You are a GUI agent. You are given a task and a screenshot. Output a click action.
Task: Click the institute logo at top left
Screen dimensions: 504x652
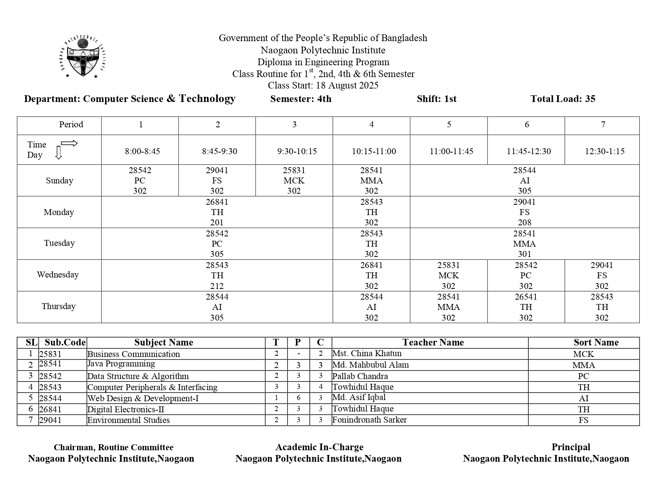pyautogui.click(x=83, y=58)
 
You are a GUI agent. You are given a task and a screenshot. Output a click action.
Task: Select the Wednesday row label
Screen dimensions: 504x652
pyautogui.click(x=58, y=275)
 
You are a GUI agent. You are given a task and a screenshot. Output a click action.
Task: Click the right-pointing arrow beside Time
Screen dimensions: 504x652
pyautogui.click(x=69, y=143)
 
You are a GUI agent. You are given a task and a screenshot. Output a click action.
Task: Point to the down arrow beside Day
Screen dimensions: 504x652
pyautogui.click(x=58, y=153)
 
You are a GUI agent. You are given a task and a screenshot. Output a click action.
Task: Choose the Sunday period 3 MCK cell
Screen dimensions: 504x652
pyautogui.click(x=294, y=181)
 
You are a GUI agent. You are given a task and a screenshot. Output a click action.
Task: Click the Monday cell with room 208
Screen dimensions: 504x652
pyautogui.click(x=524, y=212)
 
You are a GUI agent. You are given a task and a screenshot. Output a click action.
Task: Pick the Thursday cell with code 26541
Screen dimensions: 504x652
pyautogui.click(x=526, y=307)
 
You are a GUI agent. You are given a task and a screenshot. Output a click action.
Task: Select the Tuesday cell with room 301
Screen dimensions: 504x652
pyautogui.click(x=524, y=244)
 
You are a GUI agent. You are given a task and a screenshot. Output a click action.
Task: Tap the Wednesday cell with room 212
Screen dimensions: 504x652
pyautogui.click(x=217, y=276)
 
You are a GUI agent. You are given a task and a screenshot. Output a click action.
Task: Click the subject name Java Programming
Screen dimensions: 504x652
pyautogui.click(x=121, y=364)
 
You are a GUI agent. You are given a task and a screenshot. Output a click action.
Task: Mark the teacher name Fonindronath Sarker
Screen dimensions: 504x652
pyautogui.click(x=369, y=420)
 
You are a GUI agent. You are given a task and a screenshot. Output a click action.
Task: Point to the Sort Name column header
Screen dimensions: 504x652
pyautogui.click(x=596, y=343)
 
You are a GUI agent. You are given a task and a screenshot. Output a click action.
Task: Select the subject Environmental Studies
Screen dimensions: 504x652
pyautogui.click(x=128, y=420)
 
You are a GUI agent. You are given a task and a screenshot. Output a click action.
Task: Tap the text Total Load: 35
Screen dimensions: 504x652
pyautogui.click(x=563, y=99)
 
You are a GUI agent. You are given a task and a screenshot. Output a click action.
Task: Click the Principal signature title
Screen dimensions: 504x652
pyautogui.click(x=571, y=447)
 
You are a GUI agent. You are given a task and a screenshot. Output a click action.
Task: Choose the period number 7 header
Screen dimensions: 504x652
pyautogui.click(x=603, y=125)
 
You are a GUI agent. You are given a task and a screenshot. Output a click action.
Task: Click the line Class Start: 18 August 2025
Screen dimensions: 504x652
pyautogui.click(x=323, y=85)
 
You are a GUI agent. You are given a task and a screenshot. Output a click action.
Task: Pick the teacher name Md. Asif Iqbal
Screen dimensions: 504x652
pyautogui.click(x=359, y=397)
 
